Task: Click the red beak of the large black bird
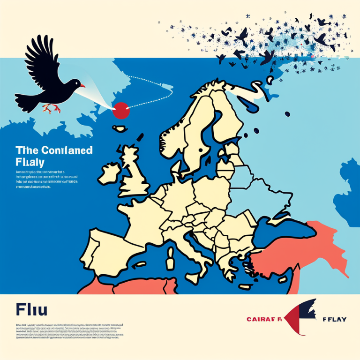82,86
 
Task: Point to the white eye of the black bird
76,82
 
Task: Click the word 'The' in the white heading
24,150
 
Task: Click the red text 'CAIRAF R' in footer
264,319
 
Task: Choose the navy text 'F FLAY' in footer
334,319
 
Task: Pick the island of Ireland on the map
109,172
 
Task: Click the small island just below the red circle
121,128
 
